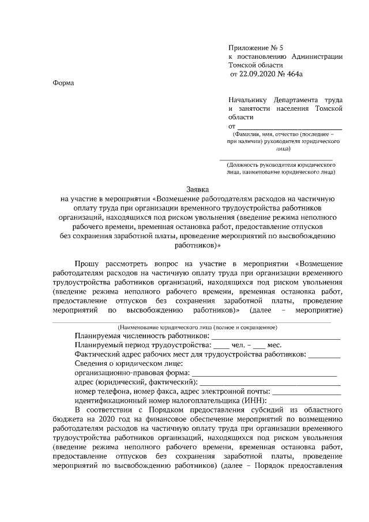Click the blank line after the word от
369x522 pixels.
[x=290, y=126]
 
